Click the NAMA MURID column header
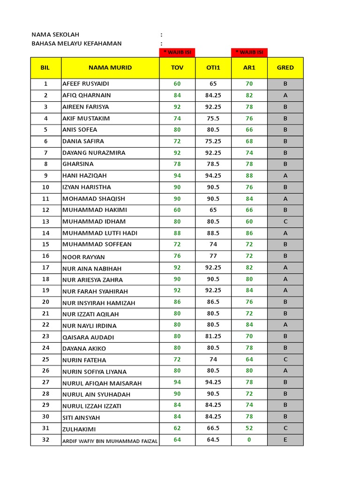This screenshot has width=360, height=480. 110,67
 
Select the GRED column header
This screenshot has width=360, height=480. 285,67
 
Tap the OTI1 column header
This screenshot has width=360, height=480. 213,67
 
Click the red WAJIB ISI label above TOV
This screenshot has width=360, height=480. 177,52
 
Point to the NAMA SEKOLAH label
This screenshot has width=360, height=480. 55,35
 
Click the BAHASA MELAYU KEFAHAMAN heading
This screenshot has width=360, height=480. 76,44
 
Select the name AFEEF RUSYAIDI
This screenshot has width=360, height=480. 86,84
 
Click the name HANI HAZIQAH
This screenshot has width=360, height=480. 84,176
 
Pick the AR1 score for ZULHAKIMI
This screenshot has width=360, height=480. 249,428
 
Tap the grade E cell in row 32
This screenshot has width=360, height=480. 285,440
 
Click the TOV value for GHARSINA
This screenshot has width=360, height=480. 177,164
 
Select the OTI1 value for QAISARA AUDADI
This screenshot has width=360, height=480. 213,336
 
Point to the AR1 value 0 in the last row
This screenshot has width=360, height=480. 249,440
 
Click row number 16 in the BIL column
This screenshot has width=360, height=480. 45,256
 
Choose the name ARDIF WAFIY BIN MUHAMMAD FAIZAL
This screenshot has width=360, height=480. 110,441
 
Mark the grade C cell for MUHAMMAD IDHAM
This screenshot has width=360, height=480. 285,221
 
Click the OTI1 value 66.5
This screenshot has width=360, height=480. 213,428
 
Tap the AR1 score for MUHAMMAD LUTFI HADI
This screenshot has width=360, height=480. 249,233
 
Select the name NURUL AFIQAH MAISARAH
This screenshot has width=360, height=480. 102,383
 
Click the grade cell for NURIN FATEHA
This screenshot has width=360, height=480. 285,360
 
